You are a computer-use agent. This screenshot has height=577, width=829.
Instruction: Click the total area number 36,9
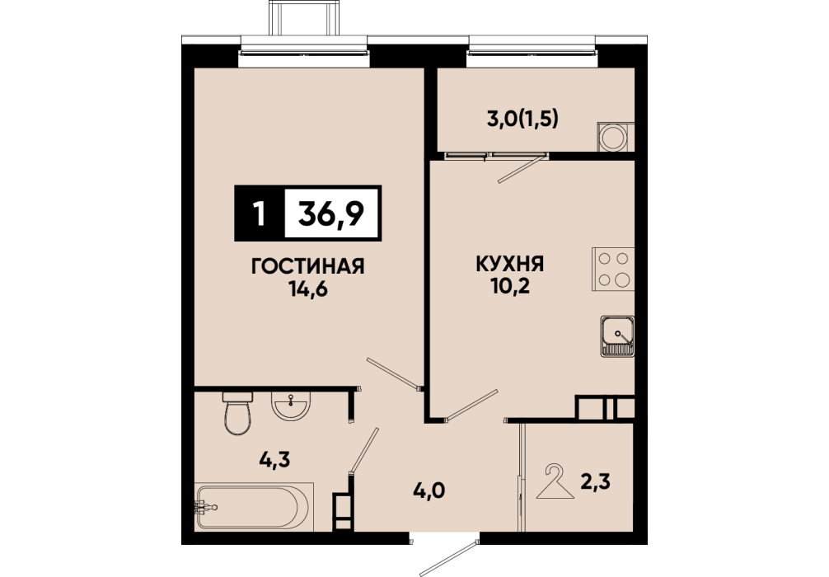[331, 213]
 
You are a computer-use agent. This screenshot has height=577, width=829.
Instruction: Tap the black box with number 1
[259, 213]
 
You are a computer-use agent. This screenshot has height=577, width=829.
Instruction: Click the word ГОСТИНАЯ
[308, 266]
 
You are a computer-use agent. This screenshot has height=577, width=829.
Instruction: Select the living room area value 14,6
[308, 289]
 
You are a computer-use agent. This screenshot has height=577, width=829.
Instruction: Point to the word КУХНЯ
[510, 264]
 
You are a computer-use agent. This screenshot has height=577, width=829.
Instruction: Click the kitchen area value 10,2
[510, 286]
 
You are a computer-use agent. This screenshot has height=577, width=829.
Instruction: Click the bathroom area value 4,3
[275, 460]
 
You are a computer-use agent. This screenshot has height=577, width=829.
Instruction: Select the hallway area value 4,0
[429, 490]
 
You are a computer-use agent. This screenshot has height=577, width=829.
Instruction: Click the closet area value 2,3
[595, 481]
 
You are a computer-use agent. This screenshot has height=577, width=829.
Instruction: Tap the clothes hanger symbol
[555, 481]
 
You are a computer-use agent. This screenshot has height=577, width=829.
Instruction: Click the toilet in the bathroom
[237, 413]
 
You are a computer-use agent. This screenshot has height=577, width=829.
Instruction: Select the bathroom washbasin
[290, 406]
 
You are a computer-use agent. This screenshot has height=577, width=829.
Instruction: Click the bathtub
[255, 506]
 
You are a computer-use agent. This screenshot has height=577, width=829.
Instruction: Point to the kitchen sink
[617, 336]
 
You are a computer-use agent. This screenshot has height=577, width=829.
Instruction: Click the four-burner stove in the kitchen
[613, 269]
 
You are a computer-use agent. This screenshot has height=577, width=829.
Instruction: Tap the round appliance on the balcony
[614, 138]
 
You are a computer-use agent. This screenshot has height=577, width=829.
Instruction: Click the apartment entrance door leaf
[449, 559]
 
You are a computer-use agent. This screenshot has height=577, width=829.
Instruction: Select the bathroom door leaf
[363, 450]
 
